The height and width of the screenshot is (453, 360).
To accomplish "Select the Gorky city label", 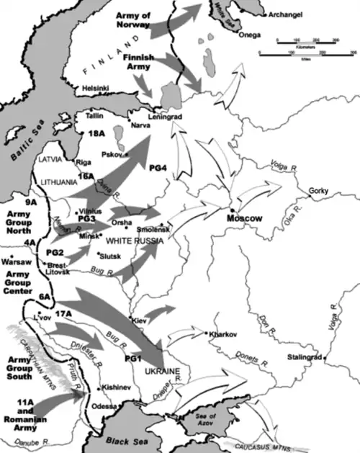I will coord(319,191).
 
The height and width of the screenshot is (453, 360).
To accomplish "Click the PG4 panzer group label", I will coord(158,168).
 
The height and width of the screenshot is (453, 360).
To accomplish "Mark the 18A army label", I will coord(96,134).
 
